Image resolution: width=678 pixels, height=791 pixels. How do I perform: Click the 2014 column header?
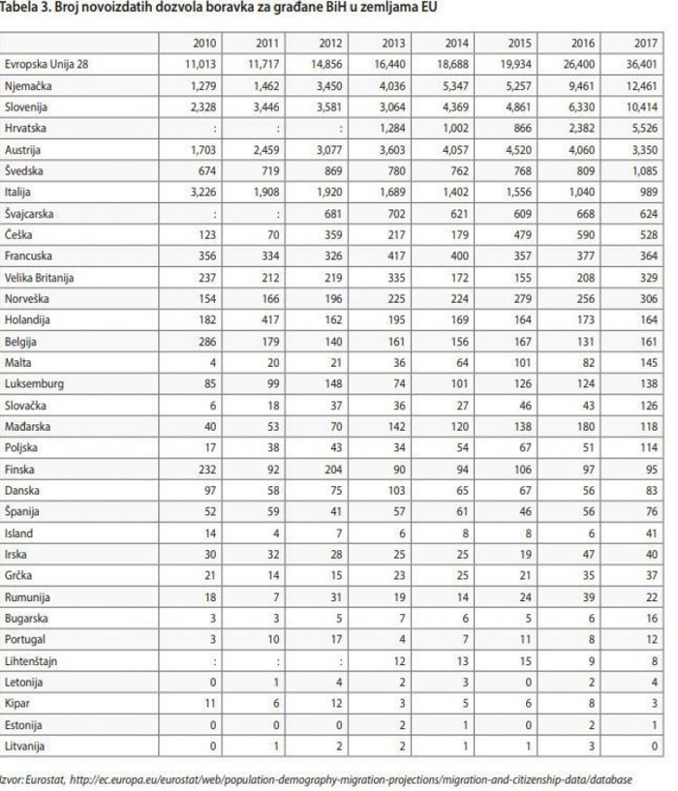(x=457, y=44)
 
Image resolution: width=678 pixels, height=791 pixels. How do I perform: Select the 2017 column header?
(x=646, y=44)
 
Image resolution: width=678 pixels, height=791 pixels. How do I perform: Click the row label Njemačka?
(x=28, y=85)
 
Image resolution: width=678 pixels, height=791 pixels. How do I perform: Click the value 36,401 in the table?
(x=642, y=64)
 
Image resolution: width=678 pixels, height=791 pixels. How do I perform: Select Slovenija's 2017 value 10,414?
(x=642, y=106)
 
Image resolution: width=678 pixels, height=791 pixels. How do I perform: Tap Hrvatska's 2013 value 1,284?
(x=392, y=128)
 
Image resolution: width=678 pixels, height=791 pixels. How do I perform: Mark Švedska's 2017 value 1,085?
(x=645, y=170)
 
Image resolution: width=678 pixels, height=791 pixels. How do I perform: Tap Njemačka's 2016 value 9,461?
(x=582, y=85)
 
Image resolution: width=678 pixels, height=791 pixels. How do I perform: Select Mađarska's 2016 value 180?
(x=586, y=426)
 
